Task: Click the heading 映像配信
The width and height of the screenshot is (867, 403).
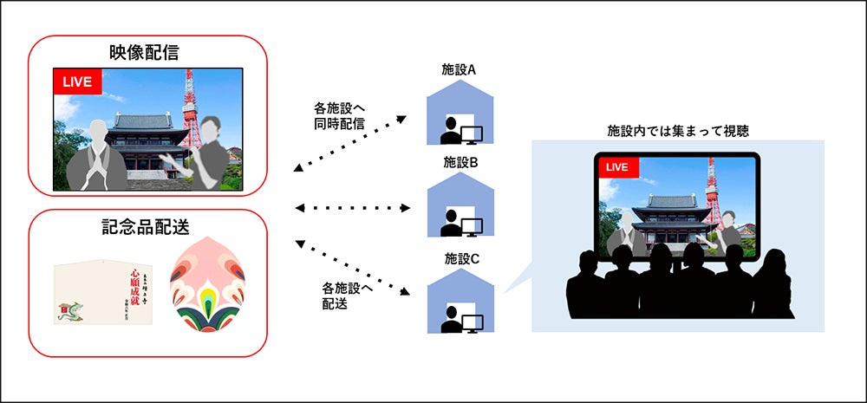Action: click(x=145, y=53)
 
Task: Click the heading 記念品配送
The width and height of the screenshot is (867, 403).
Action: click(x=145, y=226)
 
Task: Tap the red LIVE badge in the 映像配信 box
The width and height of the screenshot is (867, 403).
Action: click(x=78, y=81)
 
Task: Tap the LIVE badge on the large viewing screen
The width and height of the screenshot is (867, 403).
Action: click(x=616, y=166)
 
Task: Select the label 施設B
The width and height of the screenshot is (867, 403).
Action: click(x=460, y=161)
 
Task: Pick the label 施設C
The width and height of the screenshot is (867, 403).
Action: click(x=460, y=257)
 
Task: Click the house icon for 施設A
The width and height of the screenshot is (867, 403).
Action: click(x=460, y=116)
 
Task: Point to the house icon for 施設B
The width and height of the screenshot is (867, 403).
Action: click(x=460, y=207)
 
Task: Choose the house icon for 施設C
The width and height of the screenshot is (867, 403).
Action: click(x=460, y=302)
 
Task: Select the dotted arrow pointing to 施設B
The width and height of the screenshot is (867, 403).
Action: click(x=352, y=208)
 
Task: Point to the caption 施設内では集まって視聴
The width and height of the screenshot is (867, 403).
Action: click(x=677, y=131)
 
